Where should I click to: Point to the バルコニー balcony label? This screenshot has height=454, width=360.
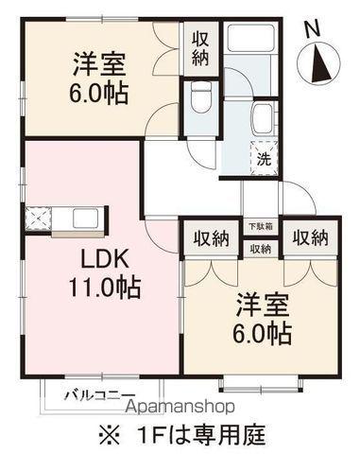[x=100, y=394]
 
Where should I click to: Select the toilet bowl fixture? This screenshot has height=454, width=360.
[x=200, y=97]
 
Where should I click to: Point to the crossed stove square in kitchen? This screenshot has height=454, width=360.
[x=39, y=219]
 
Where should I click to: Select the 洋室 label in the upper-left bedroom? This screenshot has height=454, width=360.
[x=98, y=65]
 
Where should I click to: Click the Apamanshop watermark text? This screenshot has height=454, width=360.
[x=181, y=407]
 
